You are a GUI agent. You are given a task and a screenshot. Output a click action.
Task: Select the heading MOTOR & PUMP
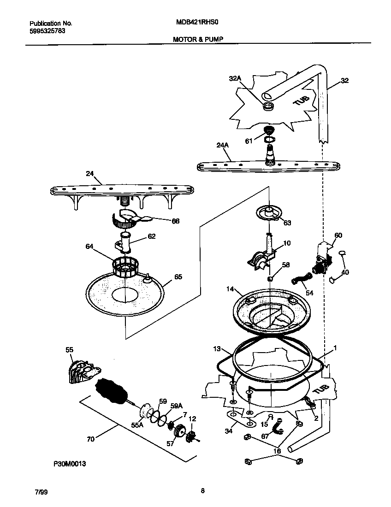pyautogui.click(x=198, y=40)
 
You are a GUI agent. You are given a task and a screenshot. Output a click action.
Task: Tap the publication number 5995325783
pyautogui.click(x=47, y=31)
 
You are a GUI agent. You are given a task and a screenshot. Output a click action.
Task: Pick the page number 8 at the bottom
pyautogui.click(x=202, y=490)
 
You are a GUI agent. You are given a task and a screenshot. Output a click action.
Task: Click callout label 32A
pyautogui.click(x=235, y=79)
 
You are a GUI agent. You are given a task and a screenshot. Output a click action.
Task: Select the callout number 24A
pyautogui.click(x=222, y=146)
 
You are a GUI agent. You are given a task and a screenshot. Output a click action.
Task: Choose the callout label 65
pyautogui.click(x=178, y=277)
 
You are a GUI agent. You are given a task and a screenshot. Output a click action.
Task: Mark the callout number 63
pyautogui.click(x=287, y=223)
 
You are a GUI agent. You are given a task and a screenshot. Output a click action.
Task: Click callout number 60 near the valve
pyautogui.click(x=338, y=236)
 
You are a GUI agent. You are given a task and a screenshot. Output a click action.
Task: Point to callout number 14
pyautogui.click(x=230, y=290)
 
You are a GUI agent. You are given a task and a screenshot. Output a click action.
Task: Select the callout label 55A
pyautogui.click(x=138, y=425)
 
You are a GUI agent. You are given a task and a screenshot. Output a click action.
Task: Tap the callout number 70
pyautogui.click(x=90, y=439)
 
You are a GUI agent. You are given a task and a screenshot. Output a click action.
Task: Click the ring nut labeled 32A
pyautogui.click(x=267, y=107)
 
